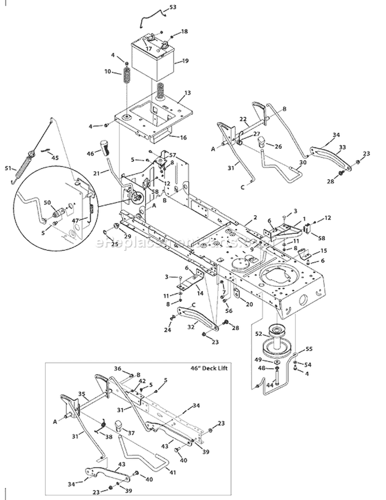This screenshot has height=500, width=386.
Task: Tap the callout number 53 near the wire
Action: click(172, 7)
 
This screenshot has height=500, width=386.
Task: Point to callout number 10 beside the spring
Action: click(108, 72)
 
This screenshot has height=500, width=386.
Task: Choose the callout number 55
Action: click(309, 349)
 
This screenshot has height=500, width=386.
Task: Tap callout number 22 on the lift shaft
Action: click(243, 119)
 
